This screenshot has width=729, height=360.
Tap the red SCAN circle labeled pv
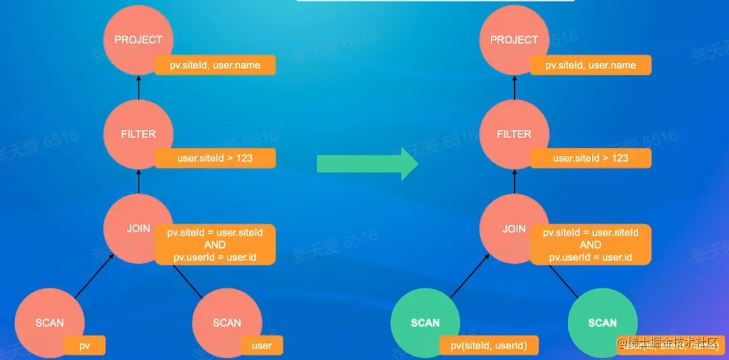coord(49,323)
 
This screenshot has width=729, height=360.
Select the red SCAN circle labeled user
coord(227,323)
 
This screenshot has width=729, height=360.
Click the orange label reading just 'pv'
coord(84,346)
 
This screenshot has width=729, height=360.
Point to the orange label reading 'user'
coord(261,346)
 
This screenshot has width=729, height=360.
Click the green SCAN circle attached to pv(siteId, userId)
coord(425,323)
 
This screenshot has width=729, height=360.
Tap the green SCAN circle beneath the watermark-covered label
coord(602,323)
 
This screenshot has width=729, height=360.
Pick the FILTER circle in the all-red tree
coord(138,134)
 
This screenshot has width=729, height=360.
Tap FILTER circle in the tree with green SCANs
coord(514,134)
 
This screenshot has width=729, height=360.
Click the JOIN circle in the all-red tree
coord(138,228)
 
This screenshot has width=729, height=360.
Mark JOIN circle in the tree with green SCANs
coord(514,228)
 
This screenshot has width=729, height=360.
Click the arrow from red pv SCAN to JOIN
coord(94,276)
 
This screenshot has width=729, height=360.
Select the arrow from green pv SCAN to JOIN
coord(470,276)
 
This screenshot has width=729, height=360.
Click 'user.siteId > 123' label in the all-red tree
coord(215,158)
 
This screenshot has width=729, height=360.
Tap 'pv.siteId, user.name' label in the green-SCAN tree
coord(590,65)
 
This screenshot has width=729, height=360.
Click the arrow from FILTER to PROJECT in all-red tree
coord(138,87)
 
